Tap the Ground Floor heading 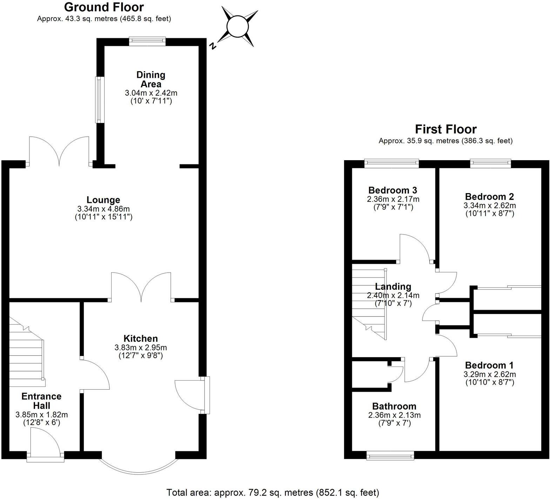[x=104, y=7]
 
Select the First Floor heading [x=445, y=129]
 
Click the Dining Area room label [x=151, y=80]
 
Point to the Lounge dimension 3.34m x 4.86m [x=103, y=209]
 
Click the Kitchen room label [x=141, y=339]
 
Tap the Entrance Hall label [x=41, y=401]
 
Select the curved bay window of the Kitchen [x=138, y=469]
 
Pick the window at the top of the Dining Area [x=147, y=42]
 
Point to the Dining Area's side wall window [x=100, y=100]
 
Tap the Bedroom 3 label [x=393, y=190]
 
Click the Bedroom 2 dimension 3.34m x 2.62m [x=490, y=205]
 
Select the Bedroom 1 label [x=490, y=365]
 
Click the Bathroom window [x=390, y=456]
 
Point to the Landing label [x=393, y=287]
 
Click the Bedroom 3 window [x=392, y=163]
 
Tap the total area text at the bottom [x=273, y=493]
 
